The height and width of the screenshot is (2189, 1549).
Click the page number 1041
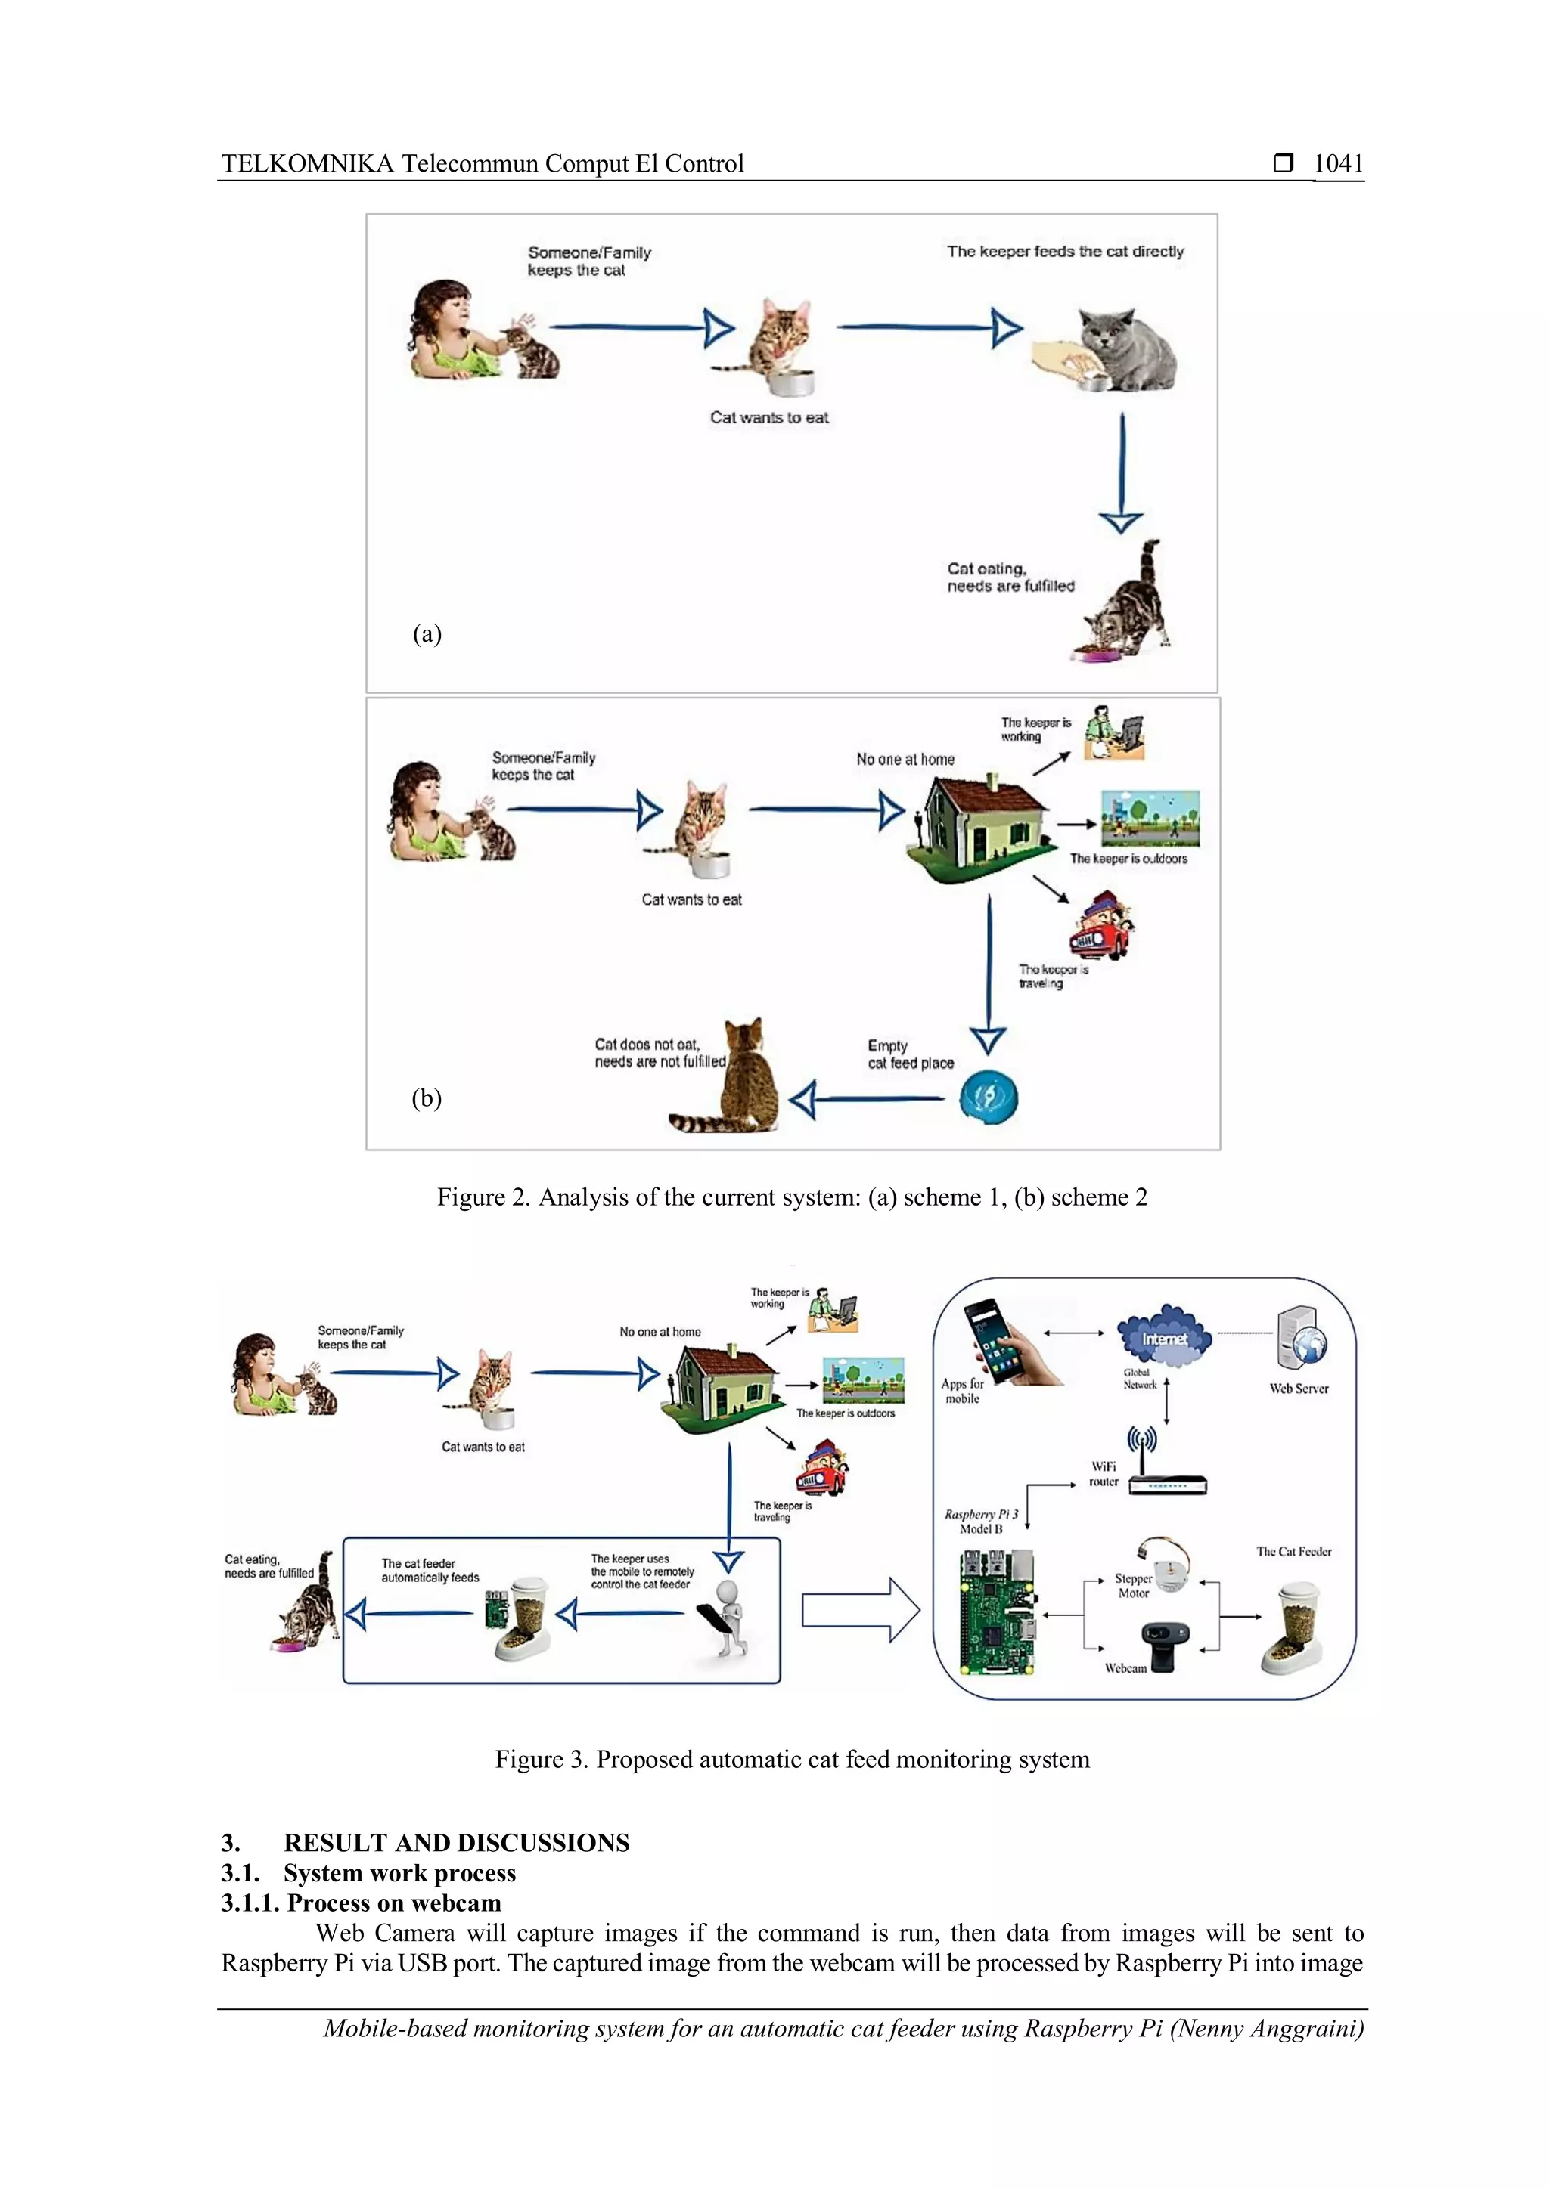[x=1337, y=164]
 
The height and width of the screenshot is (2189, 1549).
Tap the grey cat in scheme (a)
[x=1128, y=349]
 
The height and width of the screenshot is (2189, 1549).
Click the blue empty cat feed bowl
[x=988, y=1098]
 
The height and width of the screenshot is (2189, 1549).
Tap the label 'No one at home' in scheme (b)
[x=905, y=760]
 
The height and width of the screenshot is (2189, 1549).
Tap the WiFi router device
[x=1166, y=1477]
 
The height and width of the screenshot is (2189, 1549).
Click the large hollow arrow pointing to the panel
[x=859, y=1610]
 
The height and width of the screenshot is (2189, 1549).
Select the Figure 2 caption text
[x=792, y=1197]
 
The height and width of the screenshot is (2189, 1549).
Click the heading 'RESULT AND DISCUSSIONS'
[x=456, y=1843]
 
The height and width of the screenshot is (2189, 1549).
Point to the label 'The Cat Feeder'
[x=1293, y=1552]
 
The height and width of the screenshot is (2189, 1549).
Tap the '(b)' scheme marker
[x=427, y=1098]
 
